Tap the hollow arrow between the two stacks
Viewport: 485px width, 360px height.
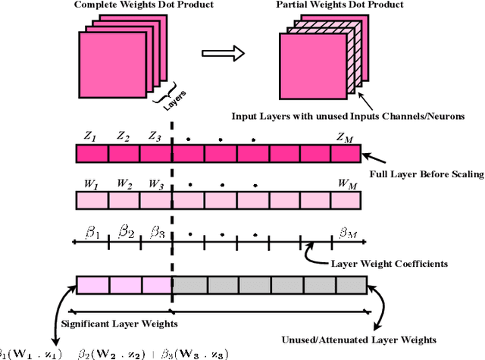(224, 54)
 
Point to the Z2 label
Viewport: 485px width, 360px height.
(123, 137)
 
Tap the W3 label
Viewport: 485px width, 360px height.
(155, 183)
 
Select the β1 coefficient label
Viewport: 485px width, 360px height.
(92, 232)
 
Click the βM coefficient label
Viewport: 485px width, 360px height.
(347, 232)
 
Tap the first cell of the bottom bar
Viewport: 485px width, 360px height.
(92, 285)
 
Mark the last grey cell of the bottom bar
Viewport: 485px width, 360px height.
(351, 285)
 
